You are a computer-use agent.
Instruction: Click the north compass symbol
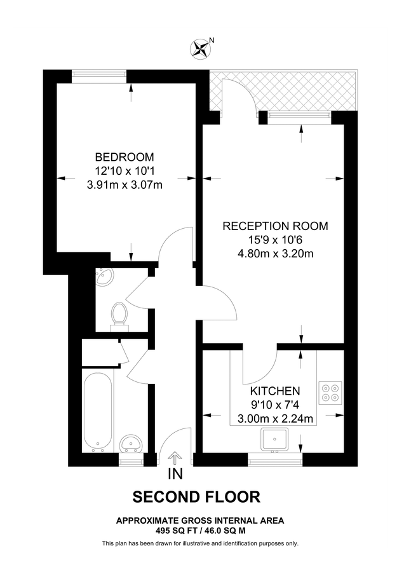pos(201,48)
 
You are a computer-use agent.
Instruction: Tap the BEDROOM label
pos(125,157)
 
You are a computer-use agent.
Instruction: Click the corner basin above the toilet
pos(104,278)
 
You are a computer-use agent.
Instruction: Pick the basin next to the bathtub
pos(132,442)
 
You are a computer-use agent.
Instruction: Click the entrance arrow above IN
pos(175,458)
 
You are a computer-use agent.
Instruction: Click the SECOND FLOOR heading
pos(196,497)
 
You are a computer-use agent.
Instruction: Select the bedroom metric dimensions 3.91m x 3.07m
pos(125,186)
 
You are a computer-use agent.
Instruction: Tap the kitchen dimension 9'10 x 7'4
pos(274,404)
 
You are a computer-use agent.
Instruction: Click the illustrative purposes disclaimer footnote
pos(200,543)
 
